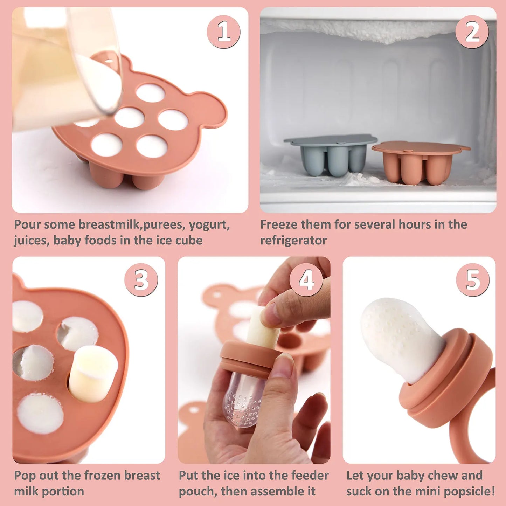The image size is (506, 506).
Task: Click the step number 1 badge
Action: coord(223,32)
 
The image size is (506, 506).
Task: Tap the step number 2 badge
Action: coord(472,32)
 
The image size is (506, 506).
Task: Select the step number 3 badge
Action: coord(141,280)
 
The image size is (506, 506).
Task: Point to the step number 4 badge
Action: coord(306,280)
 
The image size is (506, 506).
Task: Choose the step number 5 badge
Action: coord(473,280)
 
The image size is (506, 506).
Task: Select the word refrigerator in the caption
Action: coord(293,241)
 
